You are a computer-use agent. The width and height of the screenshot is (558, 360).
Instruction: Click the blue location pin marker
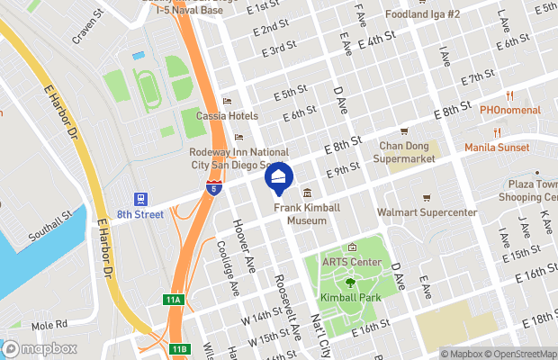pyautogui.click(x=279, y=178)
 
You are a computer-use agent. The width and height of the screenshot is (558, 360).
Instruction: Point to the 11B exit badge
pyautogui.click(x=180, y=348)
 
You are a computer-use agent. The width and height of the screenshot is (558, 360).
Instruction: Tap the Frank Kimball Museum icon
pyautogui.click(x=307, y=193)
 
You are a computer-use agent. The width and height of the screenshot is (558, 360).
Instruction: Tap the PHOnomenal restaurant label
pyautogui.click(x=509, y=110)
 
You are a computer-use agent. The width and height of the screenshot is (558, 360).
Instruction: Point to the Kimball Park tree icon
pyautogui.click(x=349, y=282)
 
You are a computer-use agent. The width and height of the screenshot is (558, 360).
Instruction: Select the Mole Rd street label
pyautogui.click(x=49, y=324)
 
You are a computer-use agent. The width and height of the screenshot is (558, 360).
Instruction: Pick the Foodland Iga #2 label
pyautogui.click(x=422, y=14)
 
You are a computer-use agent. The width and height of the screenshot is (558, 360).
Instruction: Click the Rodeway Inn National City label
pyautogui.click(x=238, y=158)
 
